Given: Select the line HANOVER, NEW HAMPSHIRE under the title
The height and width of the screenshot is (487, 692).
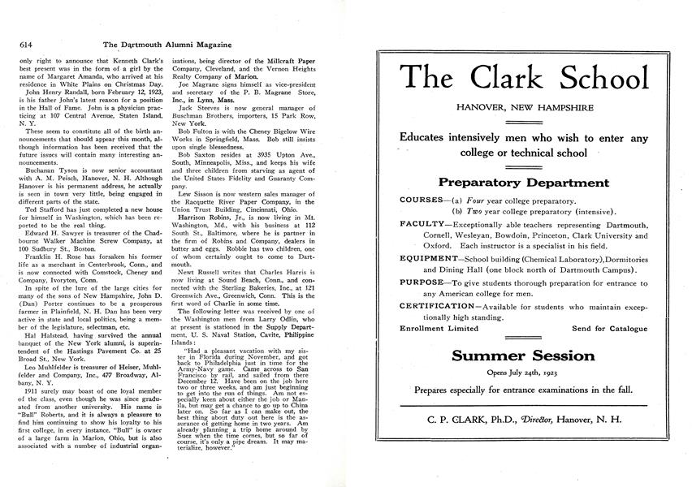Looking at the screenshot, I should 523,107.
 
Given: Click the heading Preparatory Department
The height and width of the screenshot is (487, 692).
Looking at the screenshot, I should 523,183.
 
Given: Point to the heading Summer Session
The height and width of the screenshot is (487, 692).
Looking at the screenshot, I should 523,356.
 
